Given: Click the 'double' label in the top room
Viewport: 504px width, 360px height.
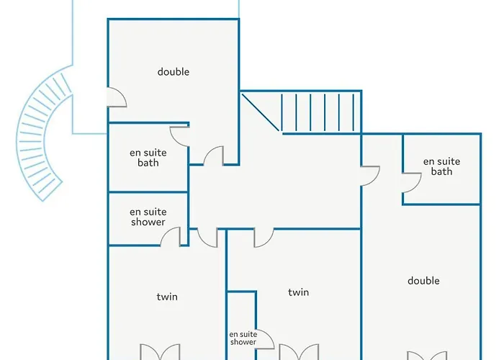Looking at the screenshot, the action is (x=174, y=72).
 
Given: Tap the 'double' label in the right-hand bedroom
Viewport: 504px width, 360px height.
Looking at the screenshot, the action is (x=423, y=281).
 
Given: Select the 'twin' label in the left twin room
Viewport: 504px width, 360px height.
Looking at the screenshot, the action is (x=167, y=297).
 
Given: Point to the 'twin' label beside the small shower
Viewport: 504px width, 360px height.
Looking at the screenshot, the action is (x=298, y=292).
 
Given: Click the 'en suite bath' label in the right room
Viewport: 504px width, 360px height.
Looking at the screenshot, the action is (x=441, y=166).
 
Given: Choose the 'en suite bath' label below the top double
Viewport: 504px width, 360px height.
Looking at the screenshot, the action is (x=148, y=158).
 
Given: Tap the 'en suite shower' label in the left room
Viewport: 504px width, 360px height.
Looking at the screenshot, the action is (x=148, y=217).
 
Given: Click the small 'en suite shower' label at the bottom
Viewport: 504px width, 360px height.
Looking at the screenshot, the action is (x=243, y=338).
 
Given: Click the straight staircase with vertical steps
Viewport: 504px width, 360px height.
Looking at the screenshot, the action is (x=318, y=112).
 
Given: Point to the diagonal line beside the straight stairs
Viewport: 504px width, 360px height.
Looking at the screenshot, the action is (x=261, y=112).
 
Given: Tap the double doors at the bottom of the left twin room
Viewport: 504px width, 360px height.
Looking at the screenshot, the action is (x=160, y=352).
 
